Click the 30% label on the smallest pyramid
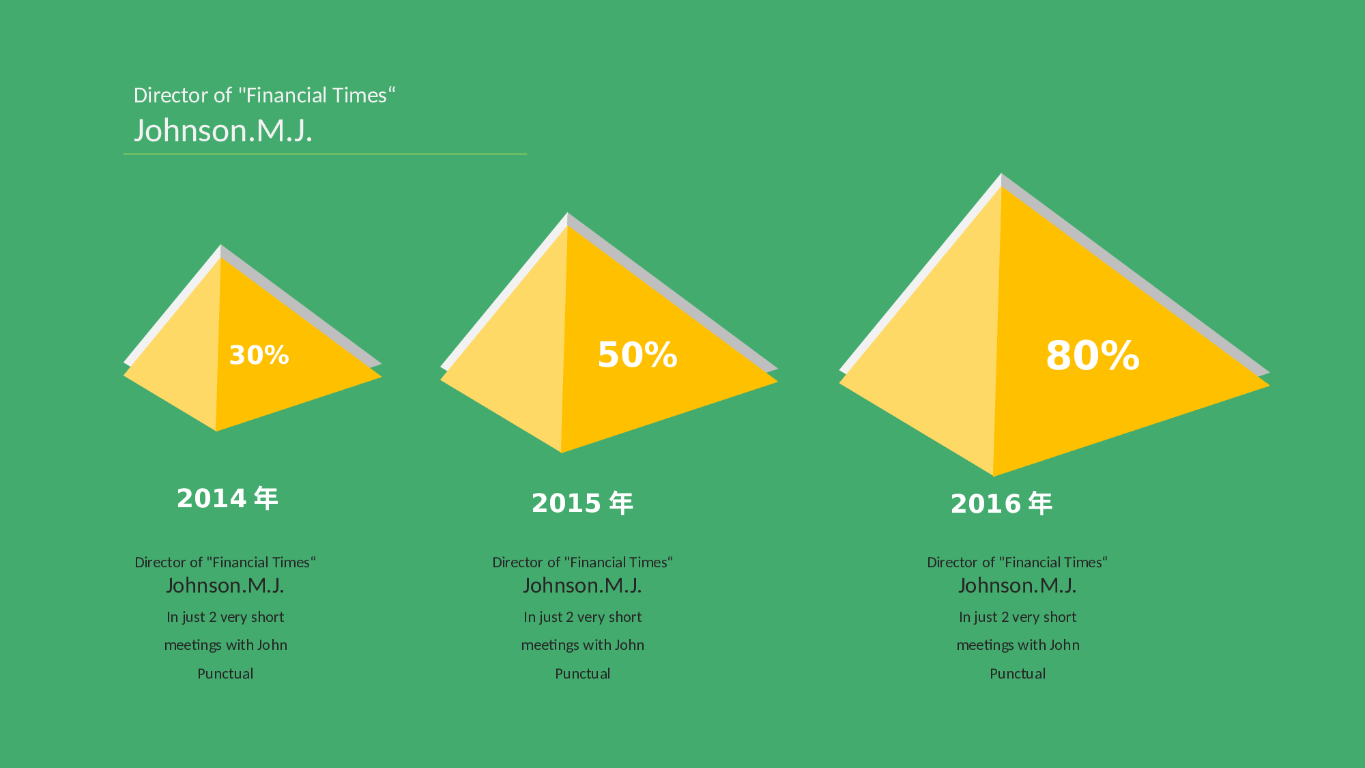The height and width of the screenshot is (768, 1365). point(259,355)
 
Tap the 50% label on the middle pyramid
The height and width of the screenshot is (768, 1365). point(637,355)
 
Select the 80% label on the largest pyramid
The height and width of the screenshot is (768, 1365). point(1093,356)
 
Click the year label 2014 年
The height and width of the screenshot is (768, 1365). point(227,498)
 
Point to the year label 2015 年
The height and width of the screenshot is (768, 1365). point(582,503)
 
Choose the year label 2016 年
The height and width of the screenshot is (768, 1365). point(1001,504)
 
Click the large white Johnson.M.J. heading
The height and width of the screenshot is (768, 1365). point(223,130)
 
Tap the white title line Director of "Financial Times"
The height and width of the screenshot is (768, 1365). point(264,95)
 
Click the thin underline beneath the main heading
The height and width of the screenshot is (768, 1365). point(325,154)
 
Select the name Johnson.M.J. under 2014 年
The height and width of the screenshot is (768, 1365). point(225,586)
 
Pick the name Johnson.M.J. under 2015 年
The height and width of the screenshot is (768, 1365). point(582,586)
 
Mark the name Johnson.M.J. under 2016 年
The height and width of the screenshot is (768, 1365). point(1017,586)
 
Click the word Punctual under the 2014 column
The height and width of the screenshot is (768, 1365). point(225,674)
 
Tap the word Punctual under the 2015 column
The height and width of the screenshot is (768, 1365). point(582,674)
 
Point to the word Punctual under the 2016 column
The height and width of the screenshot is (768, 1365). point(1018,674)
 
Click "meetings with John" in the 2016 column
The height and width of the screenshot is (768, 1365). point(1018,645)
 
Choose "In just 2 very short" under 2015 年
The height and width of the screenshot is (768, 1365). point(582,617)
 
